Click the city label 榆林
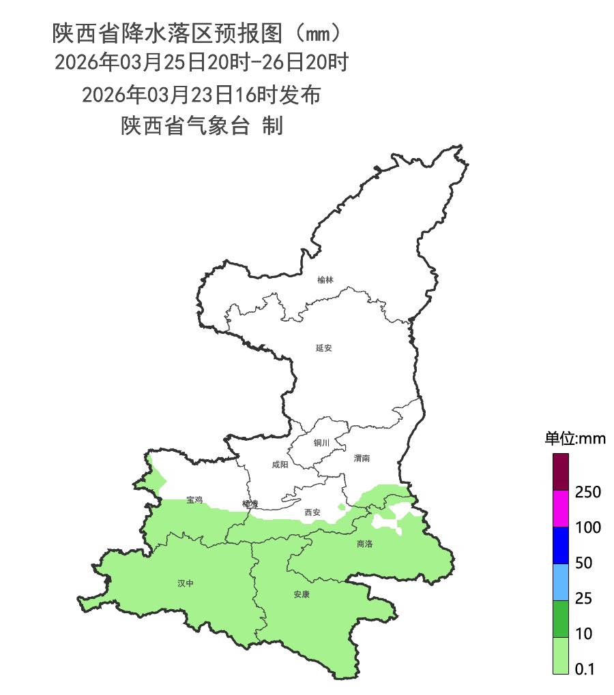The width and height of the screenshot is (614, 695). [x=325, y=280]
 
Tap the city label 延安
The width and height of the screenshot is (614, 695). [x=324, y=348]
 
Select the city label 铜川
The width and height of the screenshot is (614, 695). [x=321, y=443]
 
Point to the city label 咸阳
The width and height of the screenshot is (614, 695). [x=280, y=465]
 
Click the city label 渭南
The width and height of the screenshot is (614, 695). [x=362, y=459]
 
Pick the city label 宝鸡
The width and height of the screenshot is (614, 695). [x=194, y=500]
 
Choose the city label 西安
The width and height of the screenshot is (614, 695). [x=312, y=512]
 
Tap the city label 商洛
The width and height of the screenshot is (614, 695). [x=365, y=544]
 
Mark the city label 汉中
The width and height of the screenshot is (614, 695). [x=186, y=583]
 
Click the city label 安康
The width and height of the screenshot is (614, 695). [x=302, y=594]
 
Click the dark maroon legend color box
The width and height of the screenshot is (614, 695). [x=560, y=472]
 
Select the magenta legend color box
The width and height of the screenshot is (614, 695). [x=560, y=508]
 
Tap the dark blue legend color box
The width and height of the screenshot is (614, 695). [x=560, y=545]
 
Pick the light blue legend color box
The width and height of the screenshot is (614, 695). [x=560, y=582]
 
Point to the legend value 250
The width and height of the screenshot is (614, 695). [x=588, y=492]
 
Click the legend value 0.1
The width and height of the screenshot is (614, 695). [x=585, y=669]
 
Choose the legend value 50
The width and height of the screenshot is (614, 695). [x=584, y=563]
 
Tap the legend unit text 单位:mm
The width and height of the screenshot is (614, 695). [x=575, y=438]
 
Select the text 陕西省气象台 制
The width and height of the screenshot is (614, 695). [x=202, y=126]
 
